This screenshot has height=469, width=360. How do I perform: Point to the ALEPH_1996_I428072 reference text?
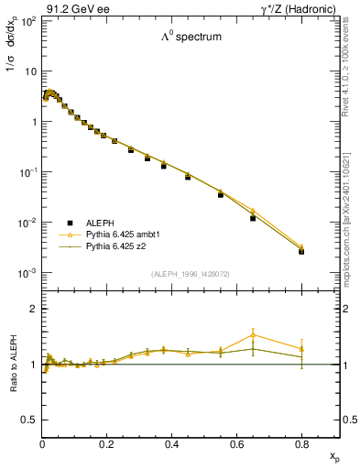tap(191, 274)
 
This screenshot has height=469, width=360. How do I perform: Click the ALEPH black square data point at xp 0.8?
tap(301, 251)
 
